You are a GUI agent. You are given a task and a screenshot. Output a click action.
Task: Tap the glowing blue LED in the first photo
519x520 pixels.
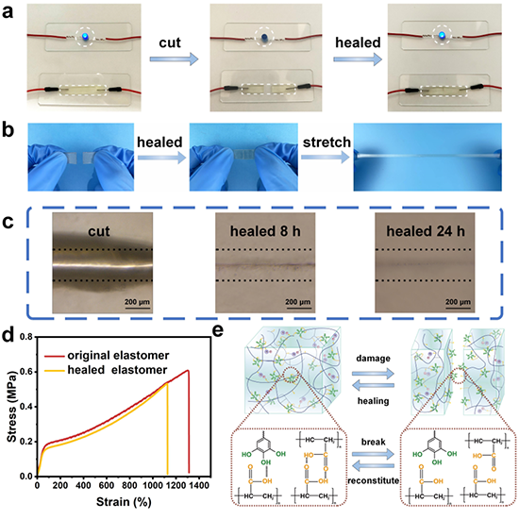(85, 37)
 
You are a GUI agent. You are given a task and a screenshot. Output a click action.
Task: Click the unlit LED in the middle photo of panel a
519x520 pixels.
(264, 37)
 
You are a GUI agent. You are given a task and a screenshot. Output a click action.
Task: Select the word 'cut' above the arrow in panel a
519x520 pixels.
(170, 42)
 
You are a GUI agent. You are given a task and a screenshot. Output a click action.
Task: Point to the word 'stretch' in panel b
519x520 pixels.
(326, 143)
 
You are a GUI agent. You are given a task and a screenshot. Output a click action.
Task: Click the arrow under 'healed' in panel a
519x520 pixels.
(358, 59)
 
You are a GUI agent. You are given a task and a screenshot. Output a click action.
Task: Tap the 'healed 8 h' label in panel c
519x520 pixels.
(265, 231)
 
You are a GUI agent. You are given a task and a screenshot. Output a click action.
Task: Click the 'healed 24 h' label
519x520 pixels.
(426, 231)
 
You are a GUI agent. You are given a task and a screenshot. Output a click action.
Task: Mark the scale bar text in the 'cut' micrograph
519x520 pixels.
(137, 302)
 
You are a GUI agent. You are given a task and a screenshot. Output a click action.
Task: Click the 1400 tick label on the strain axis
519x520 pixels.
(199, 485)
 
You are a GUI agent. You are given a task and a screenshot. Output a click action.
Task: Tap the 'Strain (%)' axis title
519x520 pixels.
(124, 502)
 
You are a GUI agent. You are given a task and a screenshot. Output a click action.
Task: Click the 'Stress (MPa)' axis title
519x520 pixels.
(11, 407)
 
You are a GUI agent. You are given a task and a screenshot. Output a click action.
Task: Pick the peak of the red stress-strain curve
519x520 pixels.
(188, 371)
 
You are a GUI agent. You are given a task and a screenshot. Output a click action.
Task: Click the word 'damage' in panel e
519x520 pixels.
(373, 359)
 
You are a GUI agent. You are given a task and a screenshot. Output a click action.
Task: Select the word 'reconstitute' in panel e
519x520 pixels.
(373, 480)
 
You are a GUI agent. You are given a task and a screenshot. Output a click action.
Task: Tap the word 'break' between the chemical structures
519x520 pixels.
(374, 442)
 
